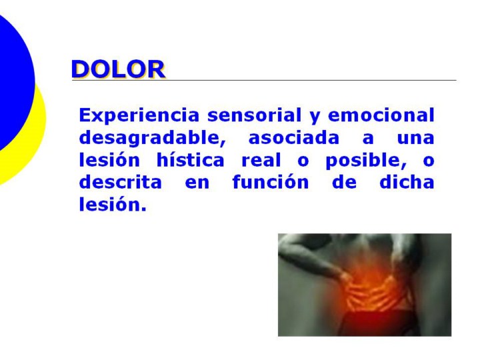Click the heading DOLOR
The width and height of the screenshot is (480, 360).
[x=119, y=69]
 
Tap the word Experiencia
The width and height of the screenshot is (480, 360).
[x=139, y=116]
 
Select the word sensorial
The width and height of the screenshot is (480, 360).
[x=255, y=115]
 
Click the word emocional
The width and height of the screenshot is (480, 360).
[x=381, y=115]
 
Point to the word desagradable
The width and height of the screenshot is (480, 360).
[x=153, y=139]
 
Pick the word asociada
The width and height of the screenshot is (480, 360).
[x=294, y=138]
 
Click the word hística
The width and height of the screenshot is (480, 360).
[x=191, y=159]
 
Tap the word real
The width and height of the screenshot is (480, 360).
[x=261, y=160]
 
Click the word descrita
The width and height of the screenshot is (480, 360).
[x=120, y=182]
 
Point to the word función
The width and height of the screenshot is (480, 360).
[x=271, y=182]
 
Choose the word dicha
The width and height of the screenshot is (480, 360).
[x=407, y=182]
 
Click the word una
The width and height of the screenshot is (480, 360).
[x=416, y=139]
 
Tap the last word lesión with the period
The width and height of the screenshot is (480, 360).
[x=113, y=204]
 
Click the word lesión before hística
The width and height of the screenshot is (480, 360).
[x=109, y=159]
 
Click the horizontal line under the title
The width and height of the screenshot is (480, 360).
[x=264, y=80]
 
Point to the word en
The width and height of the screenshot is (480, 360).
[x=197, y=183]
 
